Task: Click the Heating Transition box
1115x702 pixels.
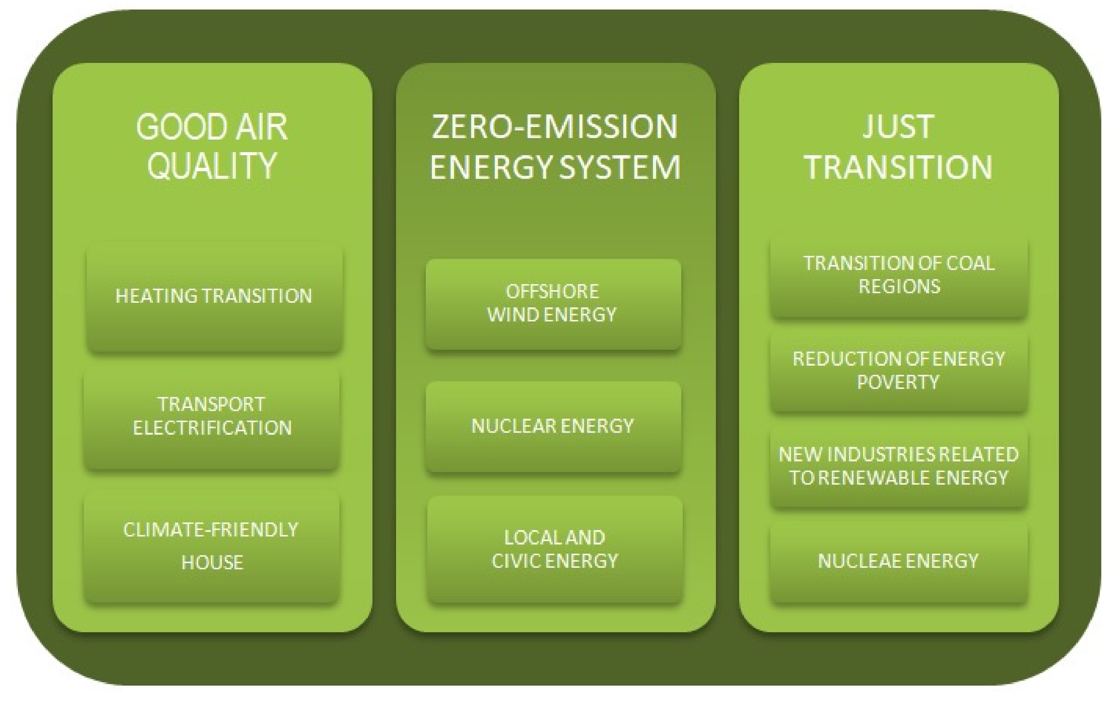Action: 214,299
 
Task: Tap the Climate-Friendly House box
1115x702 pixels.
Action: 212,547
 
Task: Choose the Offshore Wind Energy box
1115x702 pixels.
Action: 553,304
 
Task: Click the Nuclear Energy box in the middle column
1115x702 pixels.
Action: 553,426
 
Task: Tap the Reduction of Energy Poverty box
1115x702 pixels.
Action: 899,371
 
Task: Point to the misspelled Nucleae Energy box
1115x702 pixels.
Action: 899,562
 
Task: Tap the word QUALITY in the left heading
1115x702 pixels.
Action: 212,166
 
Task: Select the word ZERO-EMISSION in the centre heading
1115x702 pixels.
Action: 554,127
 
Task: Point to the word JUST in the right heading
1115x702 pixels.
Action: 898,127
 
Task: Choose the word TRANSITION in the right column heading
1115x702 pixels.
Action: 898,167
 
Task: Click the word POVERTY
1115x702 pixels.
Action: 898,382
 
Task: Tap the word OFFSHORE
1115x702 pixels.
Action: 552,292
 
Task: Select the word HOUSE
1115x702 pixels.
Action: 212,562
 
